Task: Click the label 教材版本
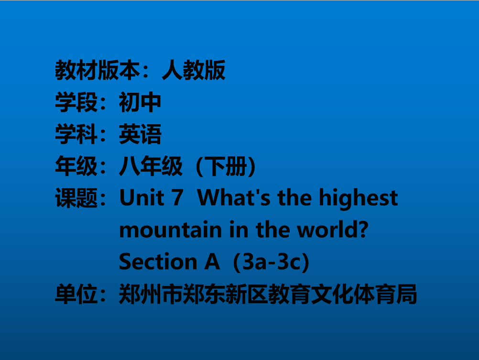click(x=98, y=70)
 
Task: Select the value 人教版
click(x=194, y=70)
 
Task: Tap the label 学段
click(x=76, y=102)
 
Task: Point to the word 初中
click(x=140, y=102)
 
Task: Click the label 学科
click(x=76, y=134)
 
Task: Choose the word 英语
click(x=140, y=134)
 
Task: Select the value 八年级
click(x=151, y=166)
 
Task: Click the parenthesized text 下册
click(x=226, y=167)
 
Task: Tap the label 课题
click(x=76, y=198)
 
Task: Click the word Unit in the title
click(x=142, y=198)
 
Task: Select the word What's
click(x=234, y=198)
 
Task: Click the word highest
click(x=359, y=199)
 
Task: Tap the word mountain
click(x=170, y=230)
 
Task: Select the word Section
click(x=158, y=262)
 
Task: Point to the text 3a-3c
click(x=271, y=262)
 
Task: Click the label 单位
click(x=76, y=294)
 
